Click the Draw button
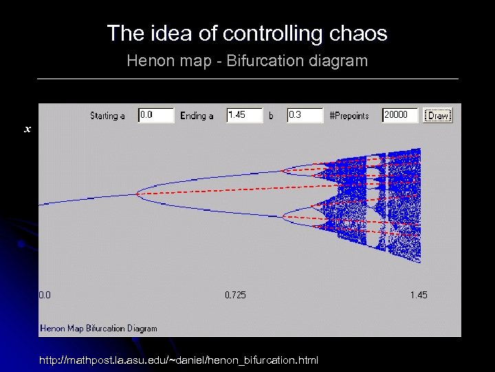(x=438, y=116)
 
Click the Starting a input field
(x=156, y=116)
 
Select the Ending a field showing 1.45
(x=245, y=116)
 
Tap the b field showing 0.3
(x=305, y=116)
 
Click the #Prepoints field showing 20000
(x=400, y=116)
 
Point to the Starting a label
(x=108, y=116)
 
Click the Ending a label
(x=197, y=116)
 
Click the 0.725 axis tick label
(x=235, y=295)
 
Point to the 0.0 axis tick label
(x=45, y=295)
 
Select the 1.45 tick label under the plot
(x=419, y=295)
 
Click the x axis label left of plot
(x=27, y=129)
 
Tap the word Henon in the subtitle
(x=146, y=61)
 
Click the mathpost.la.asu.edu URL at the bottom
(x=178, y=360)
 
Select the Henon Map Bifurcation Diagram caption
(x=99, y=329)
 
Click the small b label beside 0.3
(x=271, y=116)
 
